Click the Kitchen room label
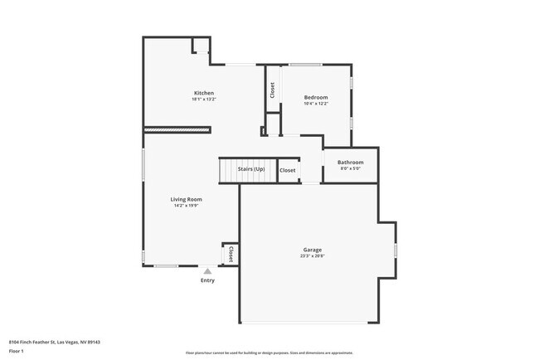204,93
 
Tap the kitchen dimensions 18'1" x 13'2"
204,100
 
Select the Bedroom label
316,97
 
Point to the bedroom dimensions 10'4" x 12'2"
316,104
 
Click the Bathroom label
350,162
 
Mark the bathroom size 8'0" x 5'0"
350,168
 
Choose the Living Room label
187,199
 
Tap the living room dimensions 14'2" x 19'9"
187,206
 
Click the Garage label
313,250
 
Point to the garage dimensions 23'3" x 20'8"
313,256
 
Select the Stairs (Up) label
251,169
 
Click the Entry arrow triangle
207,270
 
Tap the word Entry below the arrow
207,280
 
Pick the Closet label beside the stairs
288,170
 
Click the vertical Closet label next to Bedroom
272,89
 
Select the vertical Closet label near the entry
230,253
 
